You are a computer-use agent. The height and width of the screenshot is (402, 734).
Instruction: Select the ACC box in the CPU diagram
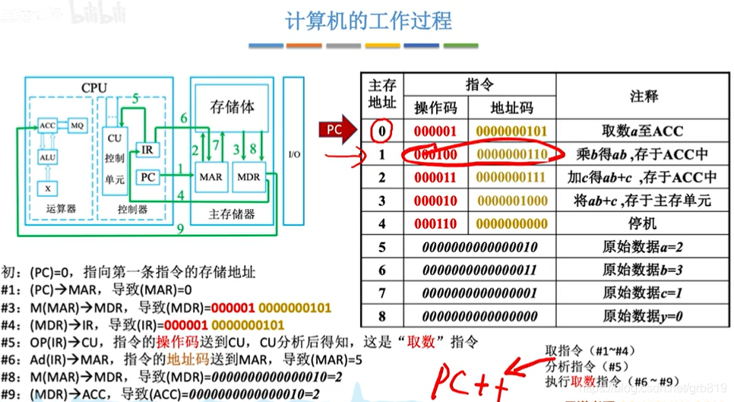48,125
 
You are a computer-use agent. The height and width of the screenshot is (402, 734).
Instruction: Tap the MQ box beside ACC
77,125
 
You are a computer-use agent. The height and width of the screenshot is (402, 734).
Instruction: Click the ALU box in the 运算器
48,157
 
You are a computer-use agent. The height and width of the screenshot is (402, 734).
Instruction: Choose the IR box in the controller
147,149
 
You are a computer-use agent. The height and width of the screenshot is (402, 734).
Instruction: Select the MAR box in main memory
210,177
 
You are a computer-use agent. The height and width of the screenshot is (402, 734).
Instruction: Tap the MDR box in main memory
249,177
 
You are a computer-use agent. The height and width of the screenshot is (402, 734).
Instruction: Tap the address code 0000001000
513,201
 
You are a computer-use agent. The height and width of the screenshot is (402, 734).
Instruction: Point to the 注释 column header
644,96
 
